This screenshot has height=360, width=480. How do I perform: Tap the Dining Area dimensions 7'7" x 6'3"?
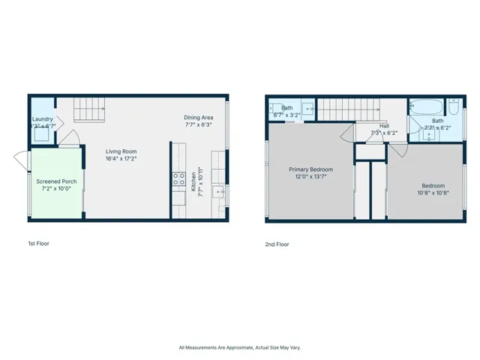point(199,125)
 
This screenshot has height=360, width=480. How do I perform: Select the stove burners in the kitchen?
point(179,178)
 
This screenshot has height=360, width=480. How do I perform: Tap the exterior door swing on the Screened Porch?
point(21,158)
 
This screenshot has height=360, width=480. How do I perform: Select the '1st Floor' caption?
point(37,244)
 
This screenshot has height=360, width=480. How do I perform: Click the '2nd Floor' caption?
point(277,244)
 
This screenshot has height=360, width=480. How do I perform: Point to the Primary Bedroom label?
point(310,169)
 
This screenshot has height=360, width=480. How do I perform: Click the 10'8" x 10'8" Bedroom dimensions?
point(433,193)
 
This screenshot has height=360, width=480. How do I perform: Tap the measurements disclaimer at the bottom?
point(239,347)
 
